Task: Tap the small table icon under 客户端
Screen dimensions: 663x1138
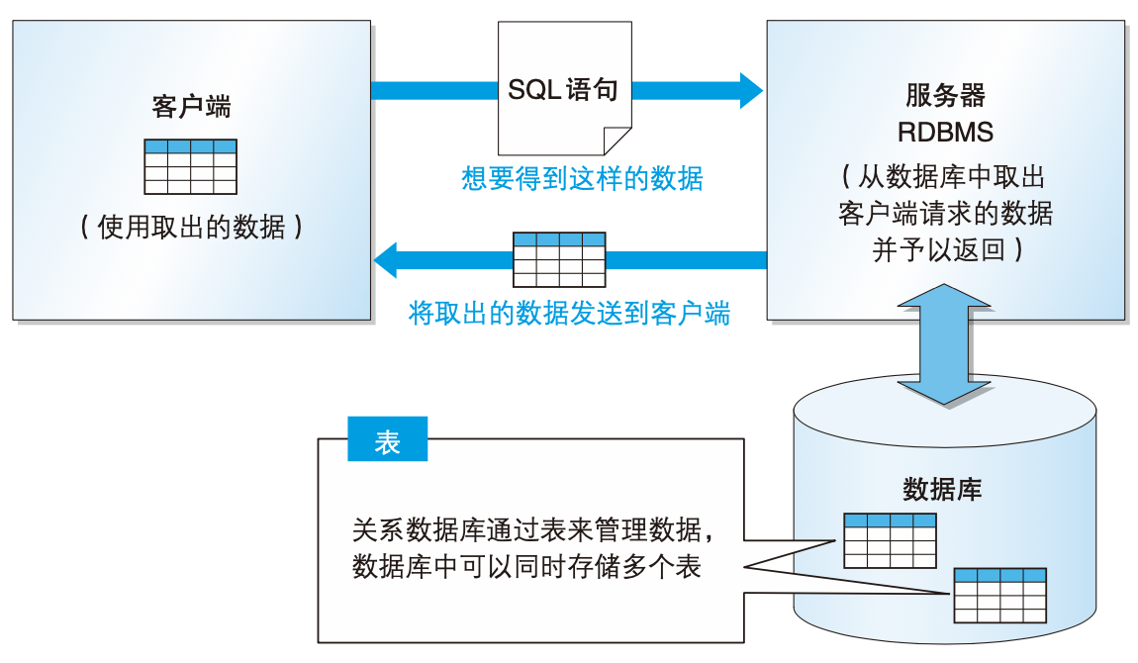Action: pyautogui.click(x=191, y=166)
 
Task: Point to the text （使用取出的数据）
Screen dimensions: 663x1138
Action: pyautogui.click(x=191, y=228)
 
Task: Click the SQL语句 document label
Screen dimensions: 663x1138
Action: pyautogui.click(x=563, y=91)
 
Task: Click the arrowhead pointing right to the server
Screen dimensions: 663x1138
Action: pyautogui.click(x=750, y=91)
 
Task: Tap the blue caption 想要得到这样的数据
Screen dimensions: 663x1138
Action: pyautogui.click(x=582, y=179)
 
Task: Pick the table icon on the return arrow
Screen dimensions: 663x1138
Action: pyautogui.click(x=558, y=258)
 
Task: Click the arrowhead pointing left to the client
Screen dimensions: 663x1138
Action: pyautogui.click(x=386, y=260)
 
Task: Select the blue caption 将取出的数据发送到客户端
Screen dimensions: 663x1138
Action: pyautogui.click(x=569, y=315)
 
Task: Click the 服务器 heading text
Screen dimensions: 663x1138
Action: pyautogui.click(x=945, y=96)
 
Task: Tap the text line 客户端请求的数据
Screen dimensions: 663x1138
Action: pyautogui.click(x=945, y=214)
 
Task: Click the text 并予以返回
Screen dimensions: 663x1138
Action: pyautogui.click(x=945, y=248)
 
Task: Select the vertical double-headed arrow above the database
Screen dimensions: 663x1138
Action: pyautogui.click(x=945, y=344)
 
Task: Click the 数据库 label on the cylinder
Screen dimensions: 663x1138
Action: pyautogui.click(x=942, y=490)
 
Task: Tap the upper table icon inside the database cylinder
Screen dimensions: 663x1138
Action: pyautogui.click(x=889, y=539)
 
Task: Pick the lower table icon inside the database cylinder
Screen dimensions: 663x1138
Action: pyautogui.click(x=999, y=594)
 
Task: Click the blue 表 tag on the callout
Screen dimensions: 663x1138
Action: pyautogui.click(x=388, y=442)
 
